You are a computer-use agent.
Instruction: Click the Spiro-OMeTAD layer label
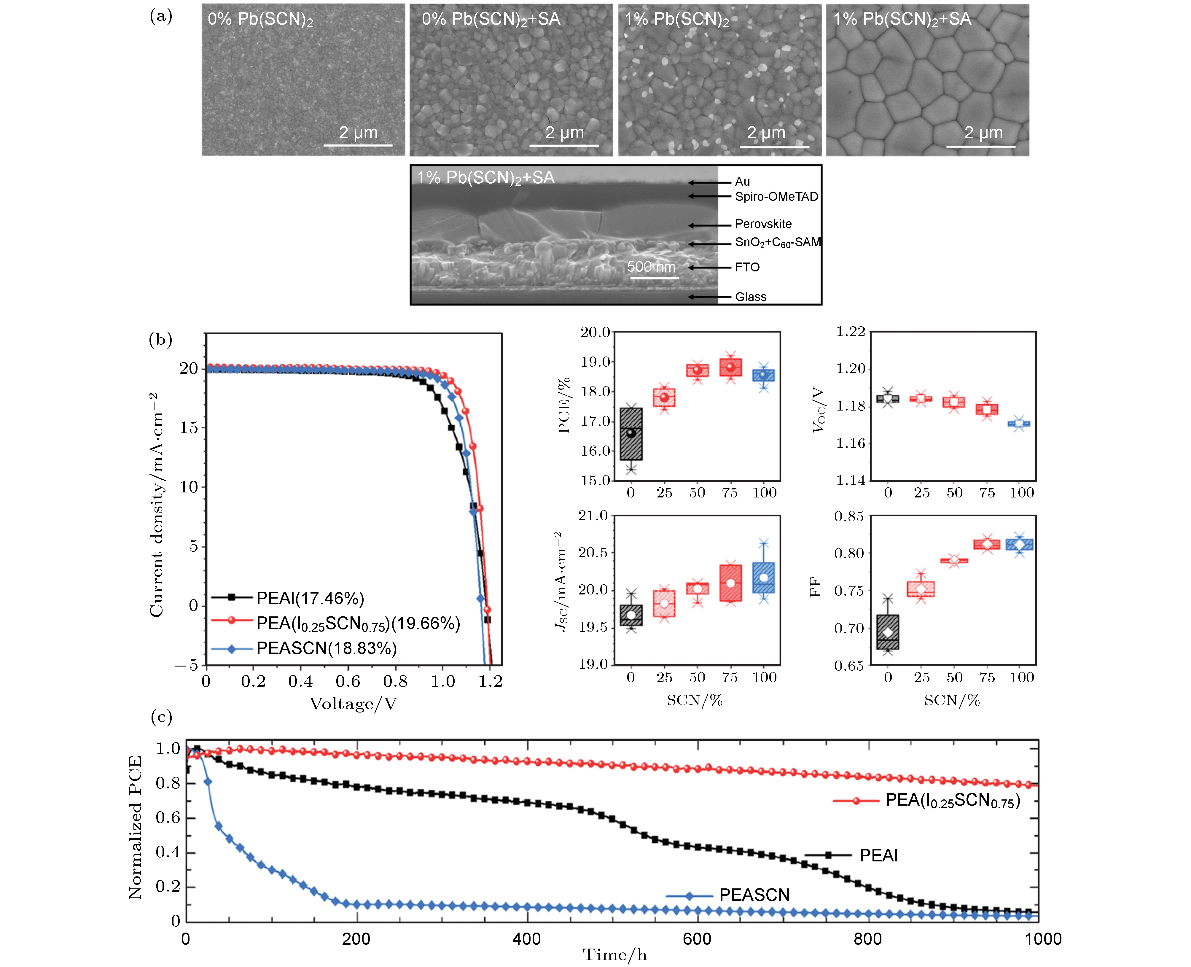[x=776, y=197]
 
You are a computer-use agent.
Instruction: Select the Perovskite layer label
[x=763, y=224]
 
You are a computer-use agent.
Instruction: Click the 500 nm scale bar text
[x=651, y=267]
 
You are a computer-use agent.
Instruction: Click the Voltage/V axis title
[x=353, y=704]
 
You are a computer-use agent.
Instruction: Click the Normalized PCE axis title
[x=135, y=827]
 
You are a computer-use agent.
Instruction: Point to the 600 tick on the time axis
[x=697, y=939]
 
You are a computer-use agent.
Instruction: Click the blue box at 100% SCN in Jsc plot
[x=763, y=577]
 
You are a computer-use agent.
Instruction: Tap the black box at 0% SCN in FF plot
[x=888, y=632]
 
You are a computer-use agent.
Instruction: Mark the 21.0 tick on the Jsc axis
[x=593, y=516]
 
